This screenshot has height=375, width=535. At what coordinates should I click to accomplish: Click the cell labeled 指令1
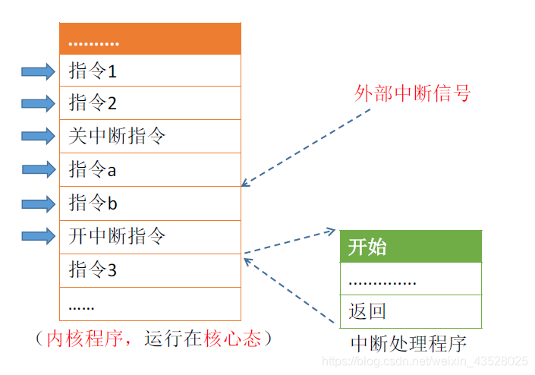click(149, 71)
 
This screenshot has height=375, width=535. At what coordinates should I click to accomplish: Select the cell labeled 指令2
click(149, 103)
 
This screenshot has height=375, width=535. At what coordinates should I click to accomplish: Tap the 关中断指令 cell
click(149, 137)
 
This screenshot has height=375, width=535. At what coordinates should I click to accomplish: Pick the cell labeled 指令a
click(149, 170)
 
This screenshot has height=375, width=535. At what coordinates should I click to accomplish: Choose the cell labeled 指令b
click(149, 203)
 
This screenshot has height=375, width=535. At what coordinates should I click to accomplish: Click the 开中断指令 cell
click(149, 237)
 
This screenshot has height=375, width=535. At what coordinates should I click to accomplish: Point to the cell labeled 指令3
click(149, 270)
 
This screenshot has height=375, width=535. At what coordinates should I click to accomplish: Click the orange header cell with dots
click(149, 39)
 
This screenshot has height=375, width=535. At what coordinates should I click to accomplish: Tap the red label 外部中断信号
click(412, 93)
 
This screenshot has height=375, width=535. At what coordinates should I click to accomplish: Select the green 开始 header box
click(410, 247)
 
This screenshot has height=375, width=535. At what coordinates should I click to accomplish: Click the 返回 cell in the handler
click(410, 311)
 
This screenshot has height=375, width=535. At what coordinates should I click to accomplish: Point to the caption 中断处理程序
click(408, 343)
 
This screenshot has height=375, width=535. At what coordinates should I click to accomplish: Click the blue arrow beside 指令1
click(38, 72)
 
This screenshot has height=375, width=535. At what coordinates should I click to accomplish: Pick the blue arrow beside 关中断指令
click(38, 137)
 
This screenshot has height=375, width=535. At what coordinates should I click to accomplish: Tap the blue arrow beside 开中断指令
click(38, 236)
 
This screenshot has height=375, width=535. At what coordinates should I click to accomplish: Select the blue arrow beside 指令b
click(38, 203)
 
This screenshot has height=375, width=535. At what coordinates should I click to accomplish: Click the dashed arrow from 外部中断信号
click(307, 147)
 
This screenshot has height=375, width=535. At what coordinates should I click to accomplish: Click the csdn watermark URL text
click(425, 361)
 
